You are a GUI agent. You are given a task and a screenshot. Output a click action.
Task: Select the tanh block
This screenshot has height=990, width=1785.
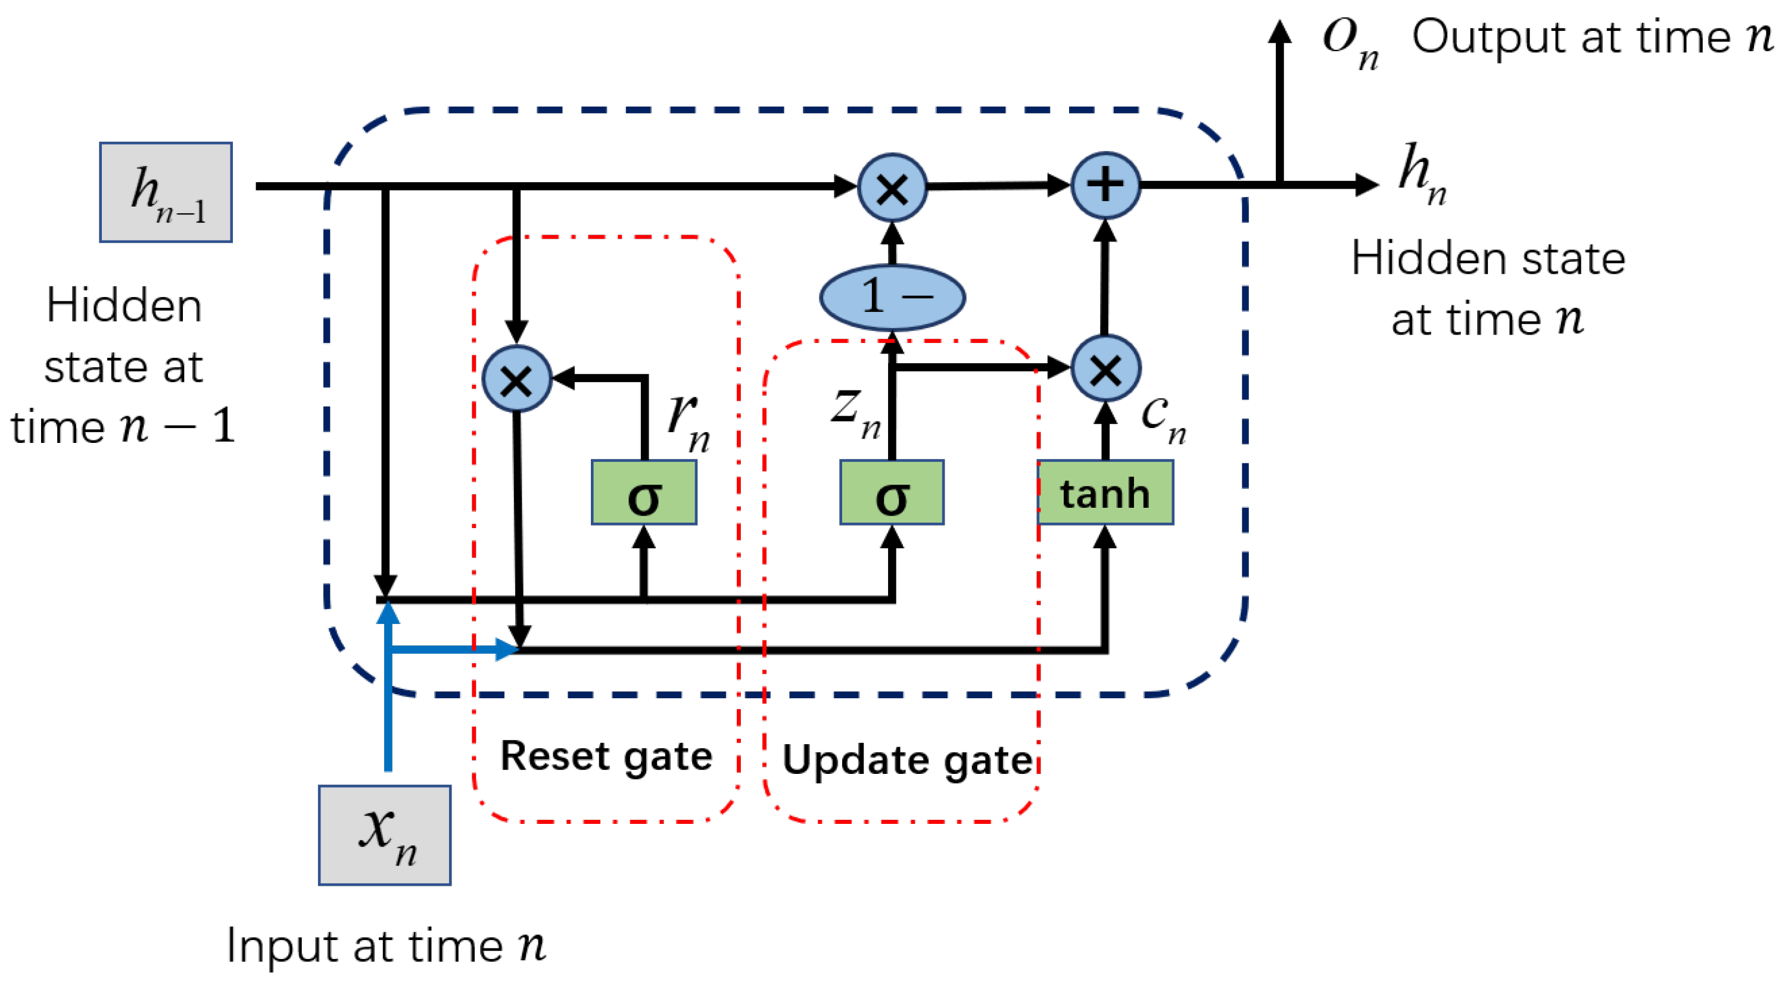tap(1105, 492)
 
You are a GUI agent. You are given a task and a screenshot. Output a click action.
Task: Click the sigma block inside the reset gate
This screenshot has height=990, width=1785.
tap(644, 492)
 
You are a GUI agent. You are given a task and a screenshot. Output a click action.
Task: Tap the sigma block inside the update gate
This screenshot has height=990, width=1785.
tap(892, 492)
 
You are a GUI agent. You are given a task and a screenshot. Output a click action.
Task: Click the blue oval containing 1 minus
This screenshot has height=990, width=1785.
tap(892, 297)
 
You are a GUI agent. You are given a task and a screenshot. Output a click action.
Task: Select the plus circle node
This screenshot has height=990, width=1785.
tap(1105, 185)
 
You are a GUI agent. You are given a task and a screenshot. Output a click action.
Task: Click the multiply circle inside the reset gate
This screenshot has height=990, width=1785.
tap(517, 379)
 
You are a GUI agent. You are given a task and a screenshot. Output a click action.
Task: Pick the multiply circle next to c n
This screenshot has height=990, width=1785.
tap(1105, 368)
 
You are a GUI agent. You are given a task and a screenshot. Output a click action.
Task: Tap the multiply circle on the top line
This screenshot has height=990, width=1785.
tap(892, 187)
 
